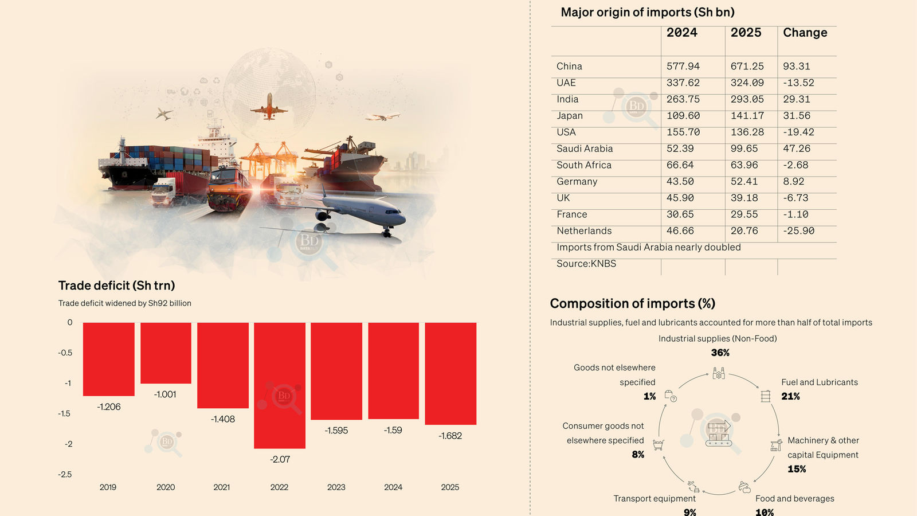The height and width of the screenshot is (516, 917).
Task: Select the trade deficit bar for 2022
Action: click(280, 385)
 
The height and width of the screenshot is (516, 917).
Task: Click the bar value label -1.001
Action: click(165, 394)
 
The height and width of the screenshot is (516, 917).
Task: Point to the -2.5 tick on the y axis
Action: click(65, 474)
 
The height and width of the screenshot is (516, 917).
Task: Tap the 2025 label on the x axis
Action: click(450, 487)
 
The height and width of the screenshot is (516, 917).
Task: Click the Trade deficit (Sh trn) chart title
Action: click(116, 286)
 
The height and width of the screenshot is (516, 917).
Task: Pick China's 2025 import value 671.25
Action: click(747, 67)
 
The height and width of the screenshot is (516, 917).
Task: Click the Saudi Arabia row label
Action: click(585, 148)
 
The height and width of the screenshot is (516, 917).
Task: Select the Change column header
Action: click(805, 33)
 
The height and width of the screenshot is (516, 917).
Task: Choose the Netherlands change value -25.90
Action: click(798, 231)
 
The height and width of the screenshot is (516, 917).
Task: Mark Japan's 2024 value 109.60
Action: click(683, 116)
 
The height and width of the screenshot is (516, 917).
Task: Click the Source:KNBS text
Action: click(586, 264)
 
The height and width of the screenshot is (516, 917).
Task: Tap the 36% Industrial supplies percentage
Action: click(720, 353)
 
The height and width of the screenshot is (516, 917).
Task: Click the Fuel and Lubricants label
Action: click(819, 382)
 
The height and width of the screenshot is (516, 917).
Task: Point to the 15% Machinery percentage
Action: click(797, 469)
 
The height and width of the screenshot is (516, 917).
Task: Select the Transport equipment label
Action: click(655, 499)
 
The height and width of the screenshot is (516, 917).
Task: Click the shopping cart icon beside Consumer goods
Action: click(659, 445)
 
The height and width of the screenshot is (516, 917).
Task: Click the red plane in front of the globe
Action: click(269, 107)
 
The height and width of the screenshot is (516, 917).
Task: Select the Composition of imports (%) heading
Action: click(632, 304)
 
